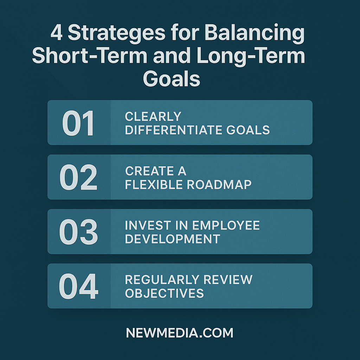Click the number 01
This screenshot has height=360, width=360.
tap(78, 123)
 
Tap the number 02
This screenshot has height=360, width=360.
tap(78, 178)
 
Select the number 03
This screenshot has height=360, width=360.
tap(78, 232)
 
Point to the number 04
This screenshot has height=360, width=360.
tap(78, 286)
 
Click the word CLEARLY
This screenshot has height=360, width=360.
tap(153, 116)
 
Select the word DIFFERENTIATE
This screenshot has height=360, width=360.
tap(174, 130)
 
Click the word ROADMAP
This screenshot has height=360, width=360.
tap(219, 184)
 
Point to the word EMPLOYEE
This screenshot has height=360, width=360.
tap(226, 225)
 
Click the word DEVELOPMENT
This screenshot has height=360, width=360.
tap(172, 239)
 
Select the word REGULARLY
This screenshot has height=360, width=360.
tap(162, 279)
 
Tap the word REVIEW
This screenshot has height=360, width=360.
tap(228, 279)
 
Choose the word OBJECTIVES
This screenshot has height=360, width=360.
tap(165, 293)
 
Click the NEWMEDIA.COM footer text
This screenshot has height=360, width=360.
tap(180, 333)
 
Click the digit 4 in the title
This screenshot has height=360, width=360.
tap(57, 32)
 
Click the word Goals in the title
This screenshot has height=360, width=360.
tap(172, 78)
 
